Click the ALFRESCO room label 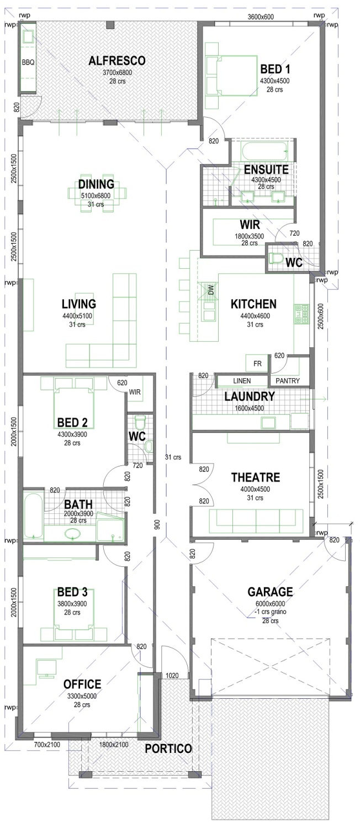117,61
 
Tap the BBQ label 28,62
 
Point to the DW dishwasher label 210,289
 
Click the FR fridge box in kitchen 257,364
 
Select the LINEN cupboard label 242,381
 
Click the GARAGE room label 270,592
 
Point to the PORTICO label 168,749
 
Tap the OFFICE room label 82,684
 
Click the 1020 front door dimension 172,675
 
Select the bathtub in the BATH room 33,516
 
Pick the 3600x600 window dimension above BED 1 260,17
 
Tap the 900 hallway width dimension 157,526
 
